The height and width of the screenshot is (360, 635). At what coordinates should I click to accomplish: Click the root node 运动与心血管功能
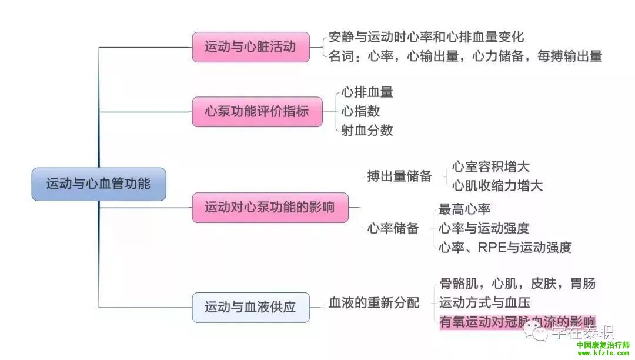click(98, 184)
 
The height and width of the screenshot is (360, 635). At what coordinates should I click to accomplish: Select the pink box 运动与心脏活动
click(251, 47)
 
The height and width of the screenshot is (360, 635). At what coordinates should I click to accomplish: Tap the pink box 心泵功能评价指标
click(257, 111)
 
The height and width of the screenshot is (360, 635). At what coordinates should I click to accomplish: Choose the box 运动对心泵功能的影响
click(269, 207)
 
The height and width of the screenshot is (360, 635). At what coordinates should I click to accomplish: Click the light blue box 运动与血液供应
click(250, 306)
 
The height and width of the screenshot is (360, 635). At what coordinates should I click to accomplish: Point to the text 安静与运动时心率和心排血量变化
click(426, 37)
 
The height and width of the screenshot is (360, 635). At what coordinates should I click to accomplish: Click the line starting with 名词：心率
click(465, 56)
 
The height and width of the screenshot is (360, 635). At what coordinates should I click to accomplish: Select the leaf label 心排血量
click(367, 92)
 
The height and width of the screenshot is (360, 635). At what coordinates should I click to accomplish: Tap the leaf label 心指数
click(360, 111)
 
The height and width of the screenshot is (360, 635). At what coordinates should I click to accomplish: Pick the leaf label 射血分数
click(367, 131)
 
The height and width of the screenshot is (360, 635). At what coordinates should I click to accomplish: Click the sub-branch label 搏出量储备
click(400, 176)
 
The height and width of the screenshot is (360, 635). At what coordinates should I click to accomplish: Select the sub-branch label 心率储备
click(393, 228)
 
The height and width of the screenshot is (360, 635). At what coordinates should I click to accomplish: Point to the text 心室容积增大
click(491, 166)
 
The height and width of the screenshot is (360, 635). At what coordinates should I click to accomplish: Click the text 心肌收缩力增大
click(497, 186)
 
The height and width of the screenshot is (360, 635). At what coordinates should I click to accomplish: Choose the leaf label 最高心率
click(464, 209)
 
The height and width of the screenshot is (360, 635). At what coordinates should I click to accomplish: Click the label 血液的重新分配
click(374, 303)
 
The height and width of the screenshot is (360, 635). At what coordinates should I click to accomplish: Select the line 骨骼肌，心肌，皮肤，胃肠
click(517, 284)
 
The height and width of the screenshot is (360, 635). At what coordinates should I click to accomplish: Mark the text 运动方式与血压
click(484, 303)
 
